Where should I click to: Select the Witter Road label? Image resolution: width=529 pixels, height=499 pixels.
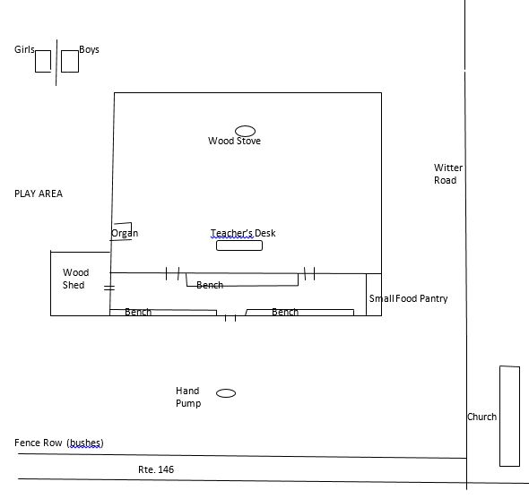click(448, 174)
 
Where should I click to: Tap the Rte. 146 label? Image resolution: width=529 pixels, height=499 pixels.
click(156, 469)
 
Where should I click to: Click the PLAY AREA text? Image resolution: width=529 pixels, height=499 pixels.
click(39, 194)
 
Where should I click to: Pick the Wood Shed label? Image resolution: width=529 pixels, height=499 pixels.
click(75, 279)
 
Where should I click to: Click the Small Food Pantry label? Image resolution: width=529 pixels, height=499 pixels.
click(408, 298)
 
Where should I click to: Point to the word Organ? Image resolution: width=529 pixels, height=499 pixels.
click(125, 233)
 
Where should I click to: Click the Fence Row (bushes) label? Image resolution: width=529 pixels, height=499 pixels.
click(58, 443)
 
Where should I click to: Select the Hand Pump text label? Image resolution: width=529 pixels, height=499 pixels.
click(188, 397)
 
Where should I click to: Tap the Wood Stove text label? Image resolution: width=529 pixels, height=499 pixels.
click(234, 141)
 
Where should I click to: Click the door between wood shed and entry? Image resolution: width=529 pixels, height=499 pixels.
click(109, 288)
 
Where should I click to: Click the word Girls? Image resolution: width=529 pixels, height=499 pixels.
click(24, 49)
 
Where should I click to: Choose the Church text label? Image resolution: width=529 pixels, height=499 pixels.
click(481, 417)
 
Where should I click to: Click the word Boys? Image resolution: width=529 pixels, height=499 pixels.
click(89, 49)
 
